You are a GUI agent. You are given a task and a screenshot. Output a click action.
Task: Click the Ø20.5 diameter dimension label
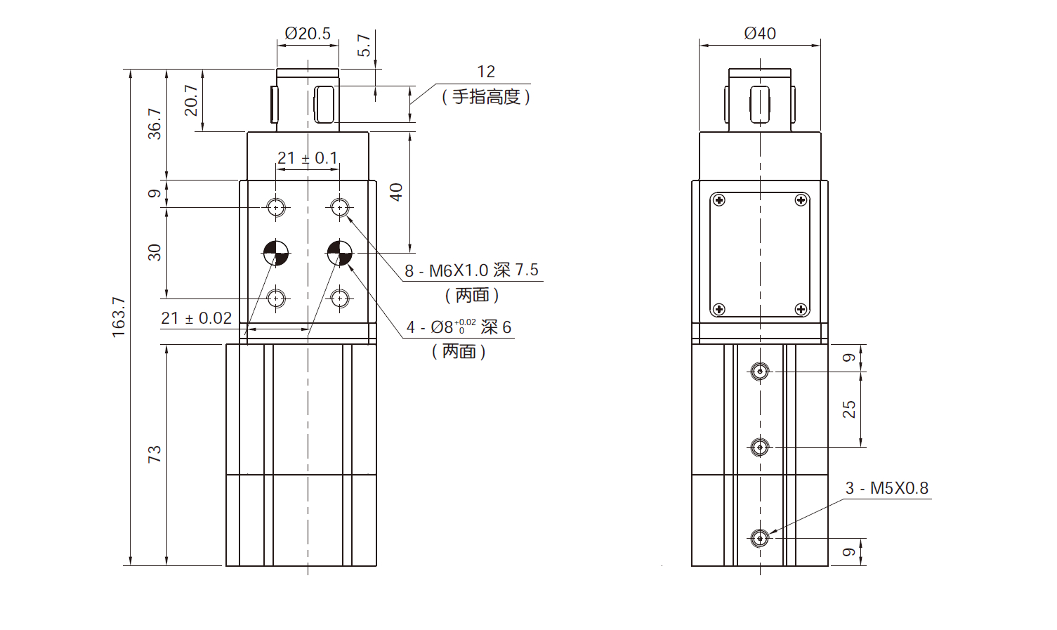[x=307, y=33]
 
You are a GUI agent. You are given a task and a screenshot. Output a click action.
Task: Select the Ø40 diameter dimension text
[x=759, y=33]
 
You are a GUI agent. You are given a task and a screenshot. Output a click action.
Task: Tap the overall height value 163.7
[x=118, y=317]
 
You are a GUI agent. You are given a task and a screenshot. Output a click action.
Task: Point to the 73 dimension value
[x=154, y=454]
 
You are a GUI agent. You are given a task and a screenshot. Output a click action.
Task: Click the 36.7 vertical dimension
[x=154, y=124]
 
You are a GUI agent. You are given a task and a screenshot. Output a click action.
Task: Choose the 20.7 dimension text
[x=190, y=100]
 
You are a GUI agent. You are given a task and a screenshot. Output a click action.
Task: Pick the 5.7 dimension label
[x=363, y=46]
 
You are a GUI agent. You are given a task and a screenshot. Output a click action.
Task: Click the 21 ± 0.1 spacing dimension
[x=307, y=158]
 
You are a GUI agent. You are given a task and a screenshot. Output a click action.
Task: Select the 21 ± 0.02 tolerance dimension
[x=196, y=318]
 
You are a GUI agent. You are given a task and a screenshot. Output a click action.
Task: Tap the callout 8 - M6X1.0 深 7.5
[x=471, y=270]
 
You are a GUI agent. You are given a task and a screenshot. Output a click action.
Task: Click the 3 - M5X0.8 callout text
[x=886, y=487]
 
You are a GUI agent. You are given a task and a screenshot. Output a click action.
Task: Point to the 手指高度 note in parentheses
[x=486, y=97]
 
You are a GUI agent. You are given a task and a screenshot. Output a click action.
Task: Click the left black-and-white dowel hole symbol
[x=276, y=253]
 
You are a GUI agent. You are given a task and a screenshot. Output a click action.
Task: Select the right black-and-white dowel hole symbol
[x=340, y=253]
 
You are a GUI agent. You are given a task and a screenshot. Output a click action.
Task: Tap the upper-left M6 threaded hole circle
[x=276, y=207]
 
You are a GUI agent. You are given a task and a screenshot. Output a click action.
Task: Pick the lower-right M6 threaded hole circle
[x=340, y=298]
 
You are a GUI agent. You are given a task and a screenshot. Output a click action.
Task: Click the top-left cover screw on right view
[x=718, y=200]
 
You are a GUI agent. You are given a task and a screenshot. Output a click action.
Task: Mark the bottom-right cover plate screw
[x=801, y=309]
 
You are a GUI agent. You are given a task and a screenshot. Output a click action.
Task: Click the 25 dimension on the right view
[x=848, y=409]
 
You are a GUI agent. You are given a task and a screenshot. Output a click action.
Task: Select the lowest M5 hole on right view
[x=759, y=539]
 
